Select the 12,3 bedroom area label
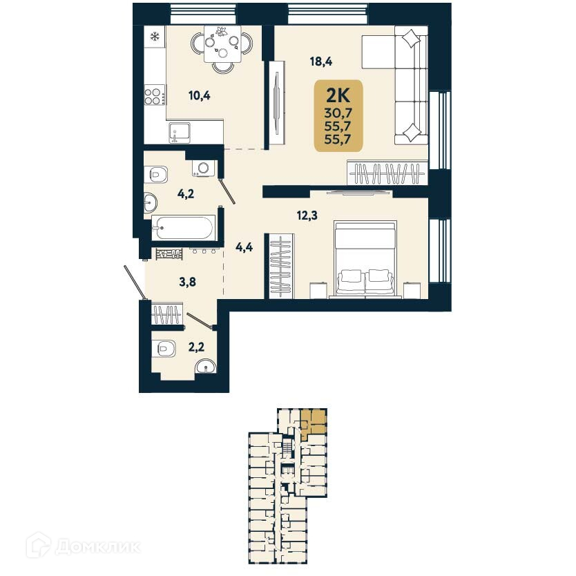(308, 215)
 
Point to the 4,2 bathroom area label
(185, 194)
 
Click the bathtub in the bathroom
(183, 227)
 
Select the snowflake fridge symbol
(154, 35)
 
